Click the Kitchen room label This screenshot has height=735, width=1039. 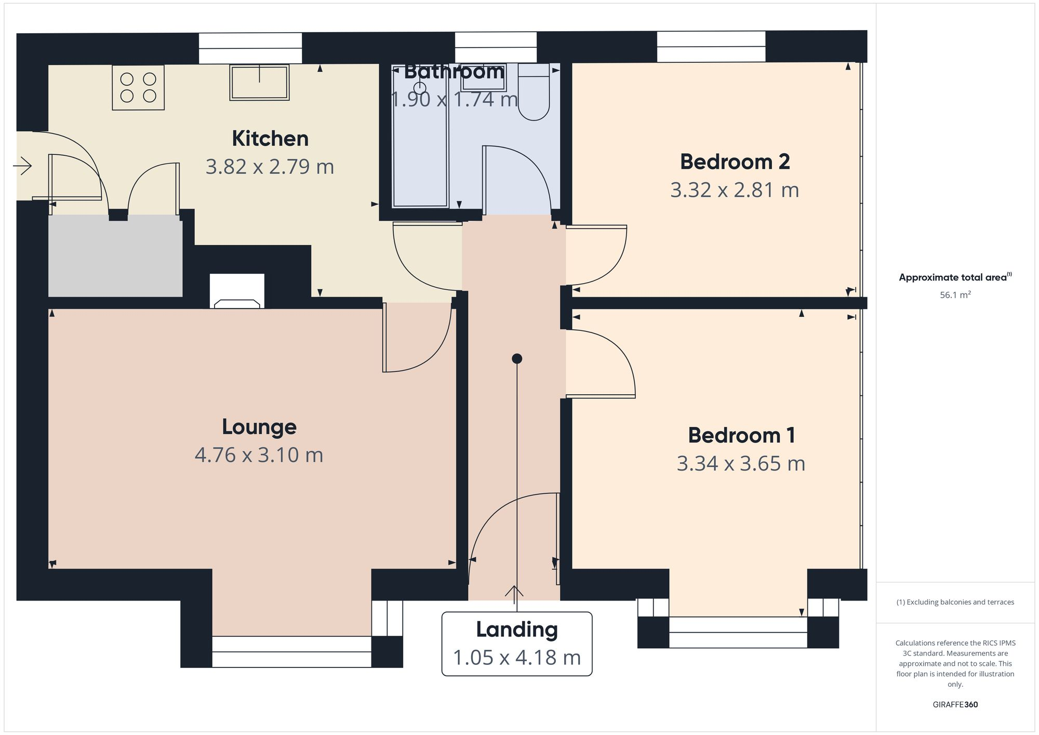point(270,139)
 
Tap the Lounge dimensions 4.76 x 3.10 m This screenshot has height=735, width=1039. point(259,455)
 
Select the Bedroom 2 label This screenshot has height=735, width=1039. point(735,162)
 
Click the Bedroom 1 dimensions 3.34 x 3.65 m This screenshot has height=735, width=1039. point(741,463)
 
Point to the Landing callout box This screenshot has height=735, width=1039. point(516,644)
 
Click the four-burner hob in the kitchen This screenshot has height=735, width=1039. point(138,87)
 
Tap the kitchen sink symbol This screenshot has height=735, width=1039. point(259,83)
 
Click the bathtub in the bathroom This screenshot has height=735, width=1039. point(420,151)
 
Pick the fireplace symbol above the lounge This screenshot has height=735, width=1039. point(237,294)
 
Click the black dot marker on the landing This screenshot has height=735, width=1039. point(516,358)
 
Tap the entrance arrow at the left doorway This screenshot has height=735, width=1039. point(22,166)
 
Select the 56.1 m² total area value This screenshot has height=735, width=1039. point(955,295)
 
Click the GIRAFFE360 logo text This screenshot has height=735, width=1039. point(955,705)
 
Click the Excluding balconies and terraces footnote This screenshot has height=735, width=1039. point(955,603)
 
